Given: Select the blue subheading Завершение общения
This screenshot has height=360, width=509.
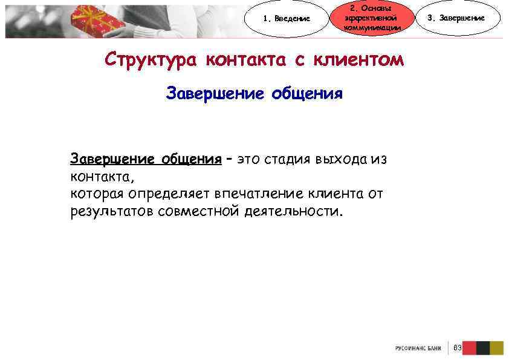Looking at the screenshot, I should click(254, 94).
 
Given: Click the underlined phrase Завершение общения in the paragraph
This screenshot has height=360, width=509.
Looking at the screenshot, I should click(146, 159).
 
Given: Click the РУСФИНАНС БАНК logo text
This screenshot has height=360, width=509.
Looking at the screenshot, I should click(418, 348).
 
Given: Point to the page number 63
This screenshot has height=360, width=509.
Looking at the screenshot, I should click(458, 348).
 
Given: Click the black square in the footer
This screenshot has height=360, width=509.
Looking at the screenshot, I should click(483, 348).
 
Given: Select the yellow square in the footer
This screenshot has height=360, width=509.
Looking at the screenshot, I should click(497, 348).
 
